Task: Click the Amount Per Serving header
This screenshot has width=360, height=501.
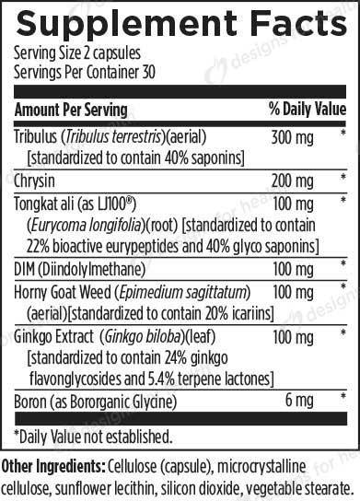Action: pyautogui.click(x=73, y=110)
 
